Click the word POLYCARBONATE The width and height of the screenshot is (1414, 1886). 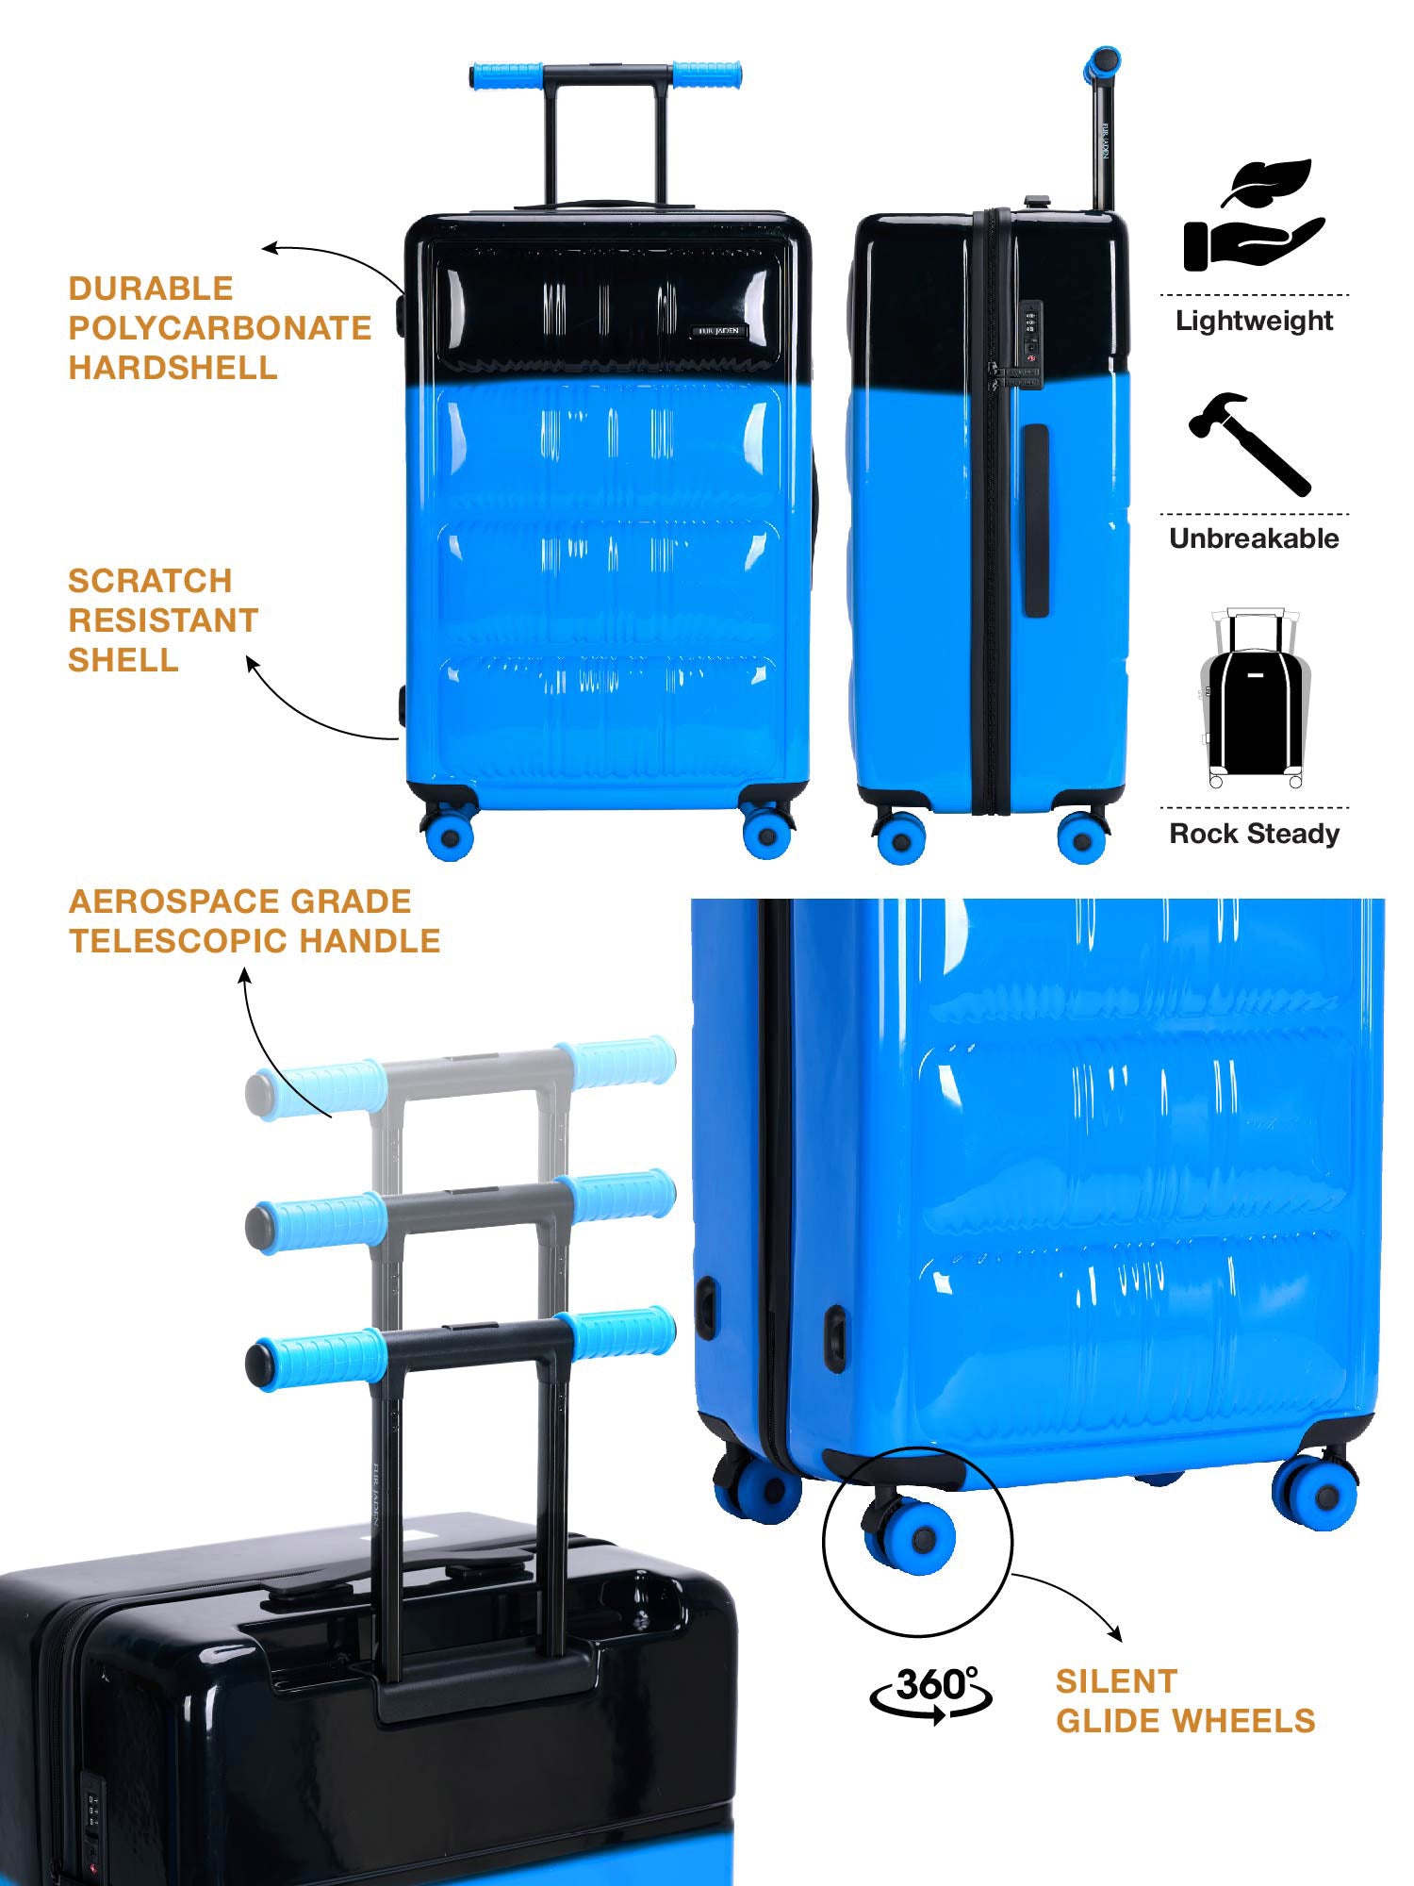pos(221,328)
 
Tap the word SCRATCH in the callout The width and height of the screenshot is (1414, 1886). pos(150,581)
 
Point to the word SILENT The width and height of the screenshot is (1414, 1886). pos(1116,1681)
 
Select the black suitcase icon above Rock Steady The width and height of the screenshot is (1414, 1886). pos(1255,699)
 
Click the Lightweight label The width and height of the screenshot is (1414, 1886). pos(1254,321)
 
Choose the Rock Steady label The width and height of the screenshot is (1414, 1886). pos(1254,834)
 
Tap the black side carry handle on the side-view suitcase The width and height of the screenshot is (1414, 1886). pos(1036,521)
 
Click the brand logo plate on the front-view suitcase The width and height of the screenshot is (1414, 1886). pos(720,331)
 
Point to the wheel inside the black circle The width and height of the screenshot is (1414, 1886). pos(911,1534)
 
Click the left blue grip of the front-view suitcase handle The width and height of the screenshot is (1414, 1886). pos(507,75)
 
